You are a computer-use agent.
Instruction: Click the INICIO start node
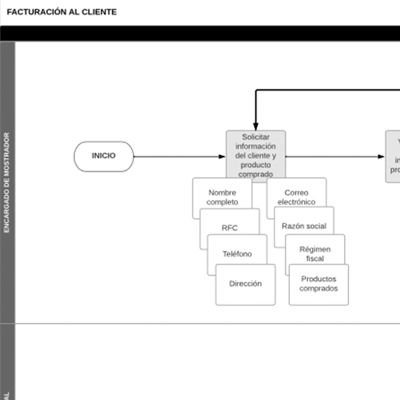tap(103, 156)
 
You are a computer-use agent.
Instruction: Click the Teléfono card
tap(237, 253)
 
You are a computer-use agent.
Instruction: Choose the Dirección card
tap(245, 284)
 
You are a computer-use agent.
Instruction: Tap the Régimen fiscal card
tap(315, 253)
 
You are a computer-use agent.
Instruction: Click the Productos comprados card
tap(318, 284)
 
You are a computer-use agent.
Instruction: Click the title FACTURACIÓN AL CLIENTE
tap(61, 12)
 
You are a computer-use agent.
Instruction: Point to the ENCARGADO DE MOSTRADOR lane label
tap(7, 182)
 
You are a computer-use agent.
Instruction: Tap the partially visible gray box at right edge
tap(393, 156)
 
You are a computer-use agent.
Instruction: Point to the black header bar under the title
tap(200, 33)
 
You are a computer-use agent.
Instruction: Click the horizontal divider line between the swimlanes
tap(200, 323)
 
